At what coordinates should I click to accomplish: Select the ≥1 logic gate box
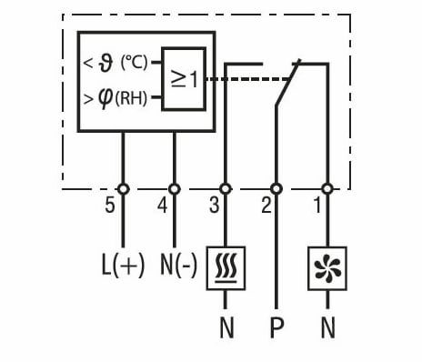click(x=185, y=79)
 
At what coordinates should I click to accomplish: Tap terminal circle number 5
click(x=123, y=188)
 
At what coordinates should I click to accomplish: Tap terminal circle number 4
click(x=174, y=188)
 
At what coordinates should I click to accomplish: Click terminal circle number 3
click(x=226, y=188)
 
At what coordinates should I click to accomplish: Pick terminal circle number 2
click(x=277, y=188)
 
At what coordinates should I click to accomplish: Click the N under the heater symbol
click(x=226, y=328)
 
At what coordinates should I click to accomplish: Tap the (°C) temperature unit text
click(x=135, y=64)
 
